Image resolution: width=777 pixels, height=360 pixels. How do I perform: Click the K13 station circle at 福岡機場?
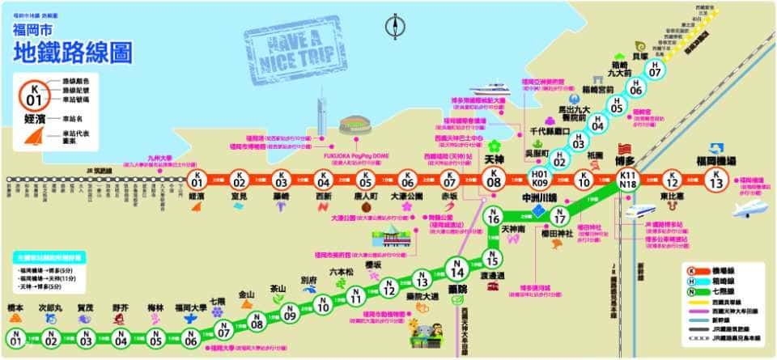coord(714,180)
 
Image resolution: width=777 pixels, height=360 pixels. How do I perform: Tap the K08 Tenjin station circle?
coord(494,180)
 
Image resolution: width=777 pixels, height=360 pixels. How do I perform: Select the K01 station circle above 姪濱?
coord(195,180)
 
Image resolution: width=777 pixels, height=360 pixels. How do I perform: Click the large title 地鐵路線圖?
coord(74,53)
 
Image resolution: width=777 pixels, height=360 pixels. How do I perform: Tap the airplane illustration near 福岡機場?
coord(751,209)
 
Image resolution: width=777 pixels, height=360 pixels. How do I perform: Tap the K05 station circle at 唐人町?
coord(365,180)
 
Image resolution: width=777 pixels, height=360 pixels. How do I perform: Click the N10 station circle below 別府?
coord(323,306)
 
